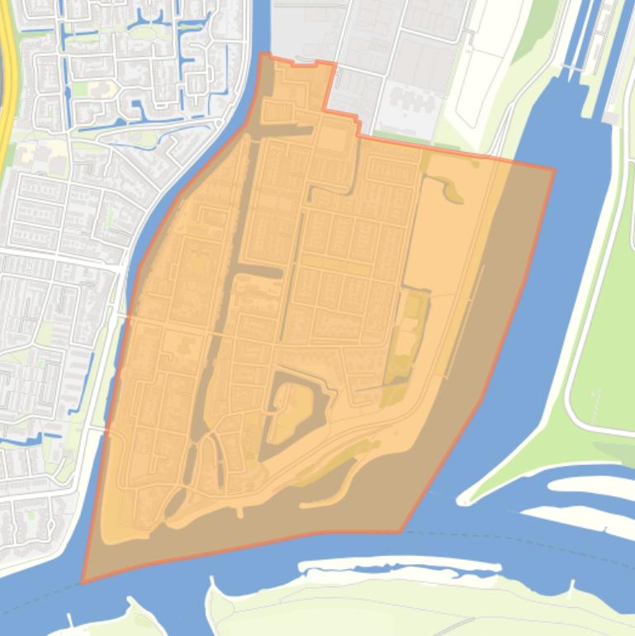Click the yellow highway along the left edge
coord(7,83)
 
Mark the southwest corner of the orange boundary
coord(83,582)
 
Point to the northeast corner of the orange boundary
coord(553,170)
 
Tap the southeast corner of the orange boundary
coord(401,532)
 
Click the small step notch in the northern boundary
coord(358,124)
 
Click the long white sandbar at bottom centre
coord(400,568)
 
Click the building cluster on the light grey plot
coord(413,99)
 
